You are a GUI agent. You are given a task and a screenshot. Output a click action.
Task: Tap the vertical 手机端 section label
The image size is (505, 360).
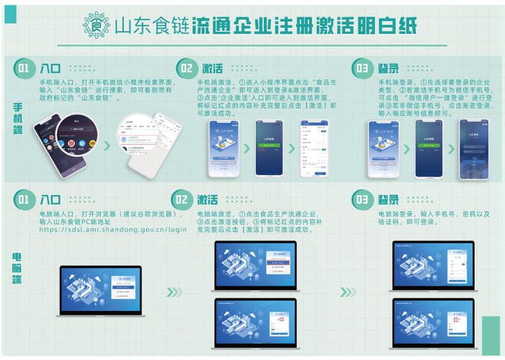click(x=17, y=118)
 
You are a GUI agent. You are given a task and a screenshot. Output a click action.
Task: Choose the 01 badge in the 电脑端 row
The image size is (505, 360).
click(x=23, y=199)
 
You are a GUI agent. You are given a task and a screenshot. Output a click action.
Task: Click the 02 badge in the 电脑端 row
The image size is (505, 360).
click(x=182, y=199)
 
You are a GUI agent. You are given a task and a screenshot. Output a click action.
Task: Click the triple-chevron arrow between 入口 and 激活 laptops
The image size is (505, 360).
click(x=175, y=292)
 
